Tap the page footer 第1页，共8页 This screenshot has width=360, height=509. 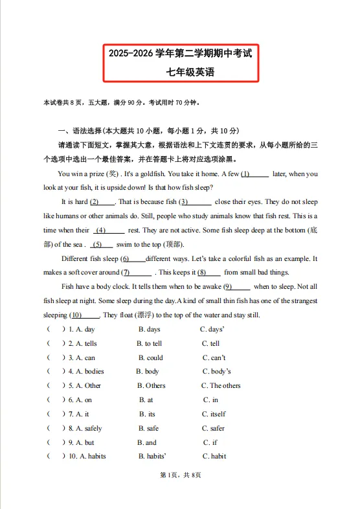tap(180, 493)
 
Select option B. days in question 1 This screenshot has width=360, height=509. tap(149, 330)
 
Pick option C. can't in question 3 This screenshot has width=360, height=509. tap(214, 357)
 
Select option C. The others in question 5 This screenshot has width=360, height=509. tap(221, 386)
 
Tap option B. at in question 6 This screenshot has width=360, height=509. tap(146, 400)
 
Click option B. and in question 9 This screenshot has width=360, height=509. tap(147, 442)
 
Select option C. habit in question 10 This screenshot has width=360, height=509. tap(214, 456)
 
